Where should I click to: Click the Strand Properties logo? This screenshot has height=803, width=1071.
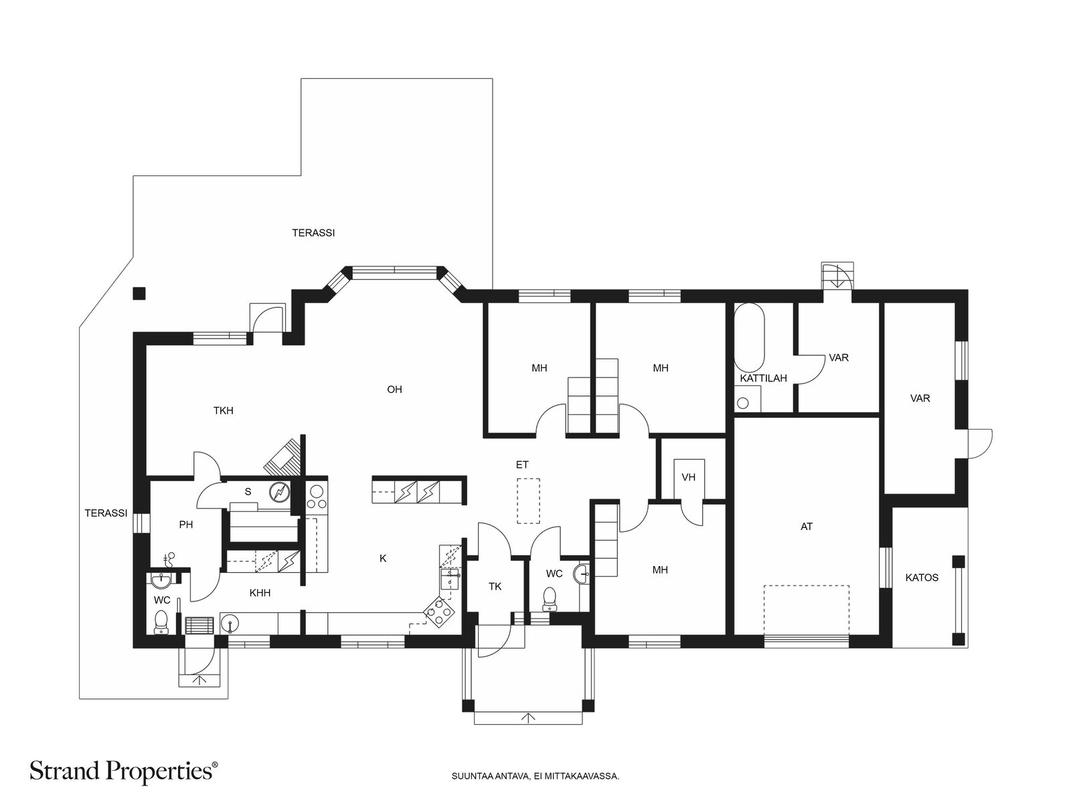123,771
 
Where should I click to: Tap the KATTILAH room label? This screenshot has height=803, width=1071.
763,378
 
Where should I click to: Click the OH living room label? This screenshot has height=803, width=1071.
394,389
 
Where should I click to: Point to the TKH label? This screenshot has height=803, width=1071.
224,410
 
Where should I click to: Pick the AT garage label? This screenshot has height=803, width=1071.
806,527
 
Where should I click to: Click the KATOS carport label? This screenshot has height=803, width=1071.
922,577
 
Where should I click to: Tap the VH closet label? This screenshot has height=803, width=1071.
688,477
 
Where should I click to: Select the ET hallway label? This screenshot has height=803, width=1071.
521,464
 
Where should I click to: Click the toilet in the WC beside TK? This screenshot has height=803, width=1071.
550,599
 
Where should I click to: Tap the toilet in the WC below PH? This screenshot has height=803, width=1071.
161,622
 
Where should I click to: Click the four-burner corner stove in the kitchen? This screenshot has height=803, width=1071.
438,612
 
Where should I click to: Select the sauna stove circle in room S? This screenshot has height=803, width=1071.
280,492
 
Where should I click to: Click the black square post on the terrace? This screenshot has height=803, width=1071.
139,293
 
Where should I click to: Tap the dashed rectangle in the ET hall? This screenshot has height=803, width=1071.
528,501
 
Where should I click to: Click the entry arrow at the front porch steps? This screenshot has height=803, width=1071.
528,717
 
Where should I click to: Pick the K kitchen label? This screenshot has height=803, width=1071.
382,559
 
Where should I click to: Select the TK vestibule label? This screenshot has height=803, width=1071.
495,587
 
